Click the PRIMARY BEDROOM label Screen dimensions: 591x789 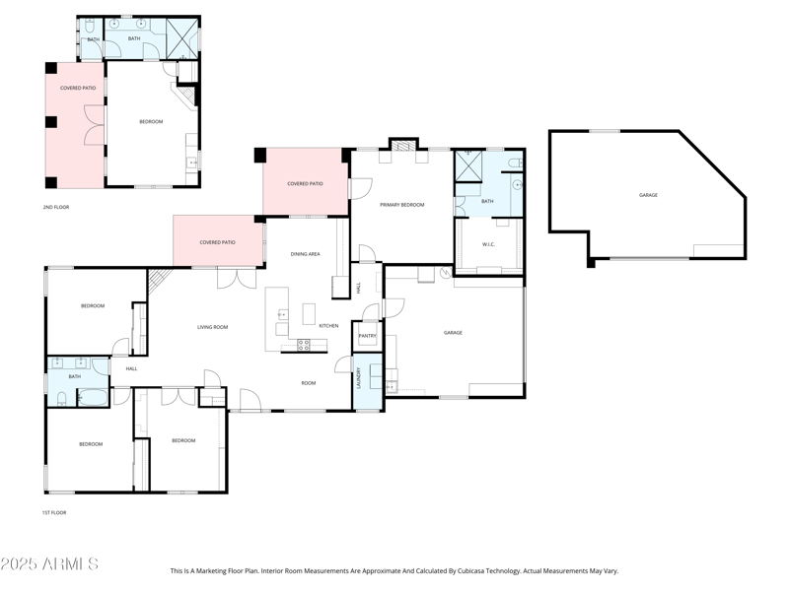click(x=402, y=204)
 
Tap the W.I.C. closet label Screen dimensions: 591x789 click(x=488, y=244)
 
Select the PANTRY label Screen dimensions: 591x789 click(x=367, y=336)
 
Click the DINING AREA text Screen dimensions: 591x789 click(x=305, y=254)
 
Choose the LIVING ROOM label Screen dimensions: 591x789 click(x=212, y=327)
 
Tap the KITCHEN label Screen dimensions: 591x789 click(x=328, y=325)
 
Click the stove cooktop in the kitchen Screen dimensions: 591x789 click(x=304, y=345)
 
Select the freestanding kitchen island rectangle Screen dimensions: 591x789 click(x=309, y=313)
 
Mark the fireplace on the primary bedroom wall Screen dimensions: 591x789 click(x=402, y=146)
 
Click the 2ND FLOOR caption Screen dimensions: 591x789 click(x=56, y=207)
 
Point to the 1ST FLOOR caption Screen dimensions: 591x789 click(x=54, y=512)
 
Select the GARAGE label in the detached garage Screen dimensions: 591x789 click(x=648, y=195)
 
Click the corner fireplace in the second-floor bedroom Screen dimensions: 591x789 click(x=183, y=96)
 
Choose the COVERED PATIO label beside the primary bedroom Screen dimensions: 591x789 click(x=305, y=183)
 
